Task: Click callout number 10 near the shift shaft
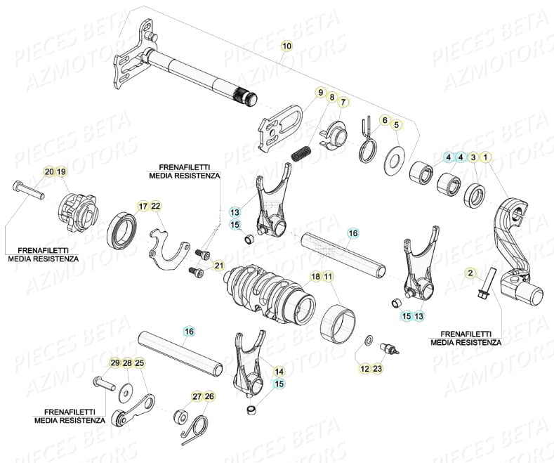286,46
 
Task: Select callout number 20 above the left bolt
48,172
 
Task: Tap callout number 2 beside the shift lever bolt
471,272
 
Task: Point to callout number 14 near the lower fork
279,370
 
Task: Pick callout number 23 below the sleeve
378,368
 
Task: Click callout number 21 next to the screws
218,265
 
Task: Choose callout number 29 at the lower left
114,363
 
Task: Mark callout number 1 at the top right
487,157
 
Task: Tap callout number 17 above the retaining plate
143,206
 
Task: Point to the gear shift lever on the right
520,246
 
